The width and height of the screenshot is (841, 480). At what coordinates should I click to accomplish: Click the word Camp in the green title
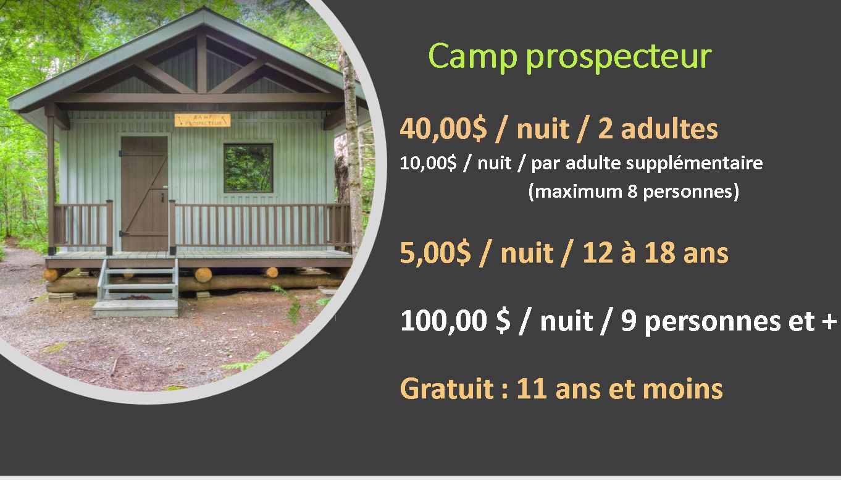tap(472, 56)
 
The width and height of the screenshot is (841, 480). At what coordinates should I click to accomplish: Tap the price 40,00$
tap(443, 129)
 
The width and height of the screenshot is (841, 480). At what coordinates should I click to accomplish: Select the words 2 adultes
tap(658, 129)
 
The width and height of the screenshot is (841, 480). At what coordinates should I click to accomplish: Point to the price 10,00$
tap(428, 163)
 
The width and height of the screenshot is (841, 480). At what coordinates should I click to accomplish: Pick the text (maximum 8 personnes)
tap(634, 192)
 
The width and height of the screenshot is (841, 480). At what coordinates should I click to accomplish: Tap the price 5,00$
tap(435, 253)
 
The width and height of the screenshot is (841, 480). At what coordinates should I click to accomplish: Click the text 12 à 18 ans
tap(656, 253)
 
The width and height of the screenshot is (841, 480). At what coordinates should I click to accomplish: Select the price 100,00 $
tap(455, 321)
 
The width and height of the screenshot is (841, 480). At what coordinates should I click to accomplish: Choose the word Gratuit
tap(447, 389)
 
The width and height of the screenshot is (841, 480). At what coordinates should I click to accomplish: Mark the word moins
tap(682, 389)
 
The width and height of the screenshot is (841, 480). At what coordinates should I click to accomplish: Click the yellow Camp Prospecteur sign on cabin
tap(203, 120)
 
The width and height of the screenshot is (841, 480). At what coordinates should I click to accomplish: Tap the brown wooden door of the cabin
tap(144, 193)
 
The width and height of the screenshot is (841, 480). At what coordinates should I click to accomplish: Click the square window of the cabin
tap(248, 167)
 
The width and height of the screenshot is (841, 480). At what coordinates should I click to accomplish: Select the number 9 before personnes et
tap(629, 321)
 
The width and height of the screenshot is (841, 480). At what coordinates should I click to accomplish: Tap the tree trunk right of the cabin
tap(351, 150)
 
